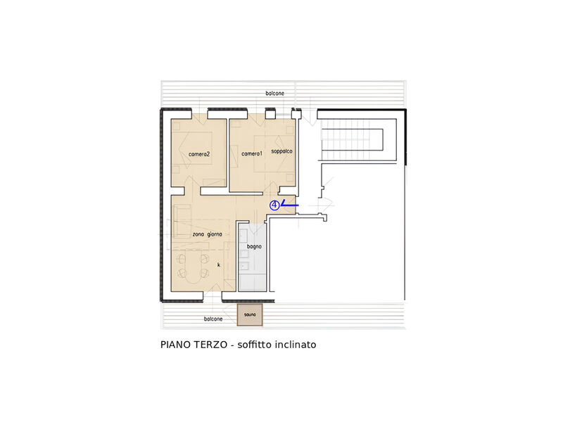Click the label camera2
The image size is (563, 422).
tap(200, 153)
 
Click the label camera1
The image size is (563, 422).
tap(251, 153)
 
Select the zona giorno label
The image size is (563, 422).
tap(208, 234)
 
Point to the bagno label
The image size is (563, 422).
tap(255, 247)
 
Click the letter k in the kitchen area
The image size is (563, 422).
tap(219, 264)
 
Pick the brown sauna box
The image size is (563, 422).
tap(251, 315)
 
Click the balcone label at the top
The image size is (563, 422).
tap(275, 94)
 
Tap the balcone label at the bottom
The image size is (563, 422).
tap(213, 319)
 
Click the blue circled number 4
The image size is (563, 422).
tap(274, 205)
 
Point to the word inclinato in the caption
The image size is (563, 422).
tap(296, 345)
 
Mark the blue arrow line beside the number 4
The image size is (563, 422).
tap(289, 205)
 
